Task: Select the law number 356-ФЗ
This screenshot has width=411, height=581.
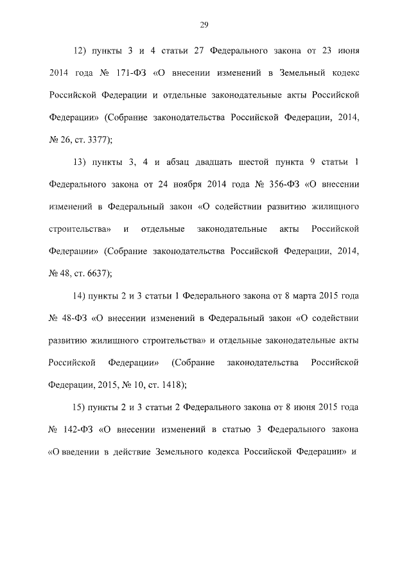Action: pyautogui.click(x=281, y=185)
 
